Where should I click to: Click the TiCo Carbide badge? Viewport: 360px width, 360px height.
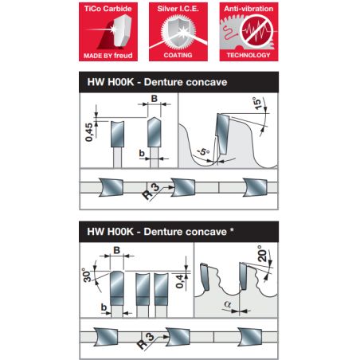pyautogui.click(x=108, y=32)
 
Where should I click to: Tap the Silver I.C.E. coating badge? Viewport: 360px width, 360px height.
pyautogui.click(x=178, y=32)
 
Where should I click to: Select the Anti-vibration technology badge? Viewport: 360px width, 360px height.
pyautogui.click(x=248, y=32)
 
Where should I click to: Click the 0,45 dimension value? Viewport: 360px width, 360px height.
pyautogui.click(x=89, y=132)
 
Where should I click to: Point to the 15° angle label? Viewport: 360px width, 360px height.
pyautogui.click(x=257, y=104)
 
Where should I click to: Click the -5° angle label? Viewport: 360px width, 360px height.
pyautogui.click(x=204, y=152)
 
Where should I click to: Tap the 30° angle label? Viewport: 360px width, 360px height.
pyautogui.click(x=87, y=276)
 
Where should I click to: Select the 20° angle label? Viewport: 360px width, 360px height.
pyautogui.click(x=262, y=254)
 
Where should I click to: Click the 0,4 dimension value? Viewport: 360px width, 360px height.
pyautogui.click(x=180, y=282)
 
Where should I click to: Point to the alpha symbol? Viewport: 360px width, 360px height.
pyautogui.click(x=228, y=304)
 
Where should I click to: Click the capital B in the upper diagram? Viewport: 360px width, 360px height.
pyautogui.click(x=155, y=99)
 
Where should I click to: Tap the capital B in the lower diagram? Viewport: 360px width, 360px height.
pyautogui.click(x=116, y=250)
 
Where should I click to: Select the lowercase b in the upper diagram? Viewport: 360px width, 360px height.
pyautogui.click(x=142, y=154)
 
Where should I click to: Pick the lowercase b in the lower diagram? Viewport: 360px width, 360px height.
pyautogui.click(x=104, y=307)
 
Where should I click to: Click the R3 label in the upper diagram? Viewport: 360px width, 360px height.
pyautogui.click(x=151, y=191)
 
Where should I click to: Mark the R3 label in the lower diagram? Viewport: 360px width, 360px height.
pyautogui.click(x=146, y=341)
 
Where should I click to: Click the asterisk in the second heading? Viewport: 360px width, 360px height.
pyautogui.click(x=232, y=229)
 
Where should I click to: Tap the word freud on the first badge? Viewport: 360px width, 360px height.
pyautogui.click(x=123, y=56)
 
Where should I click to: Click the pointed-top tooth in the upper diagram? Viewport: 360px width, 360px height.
pyautogui.click(x=155, y=132)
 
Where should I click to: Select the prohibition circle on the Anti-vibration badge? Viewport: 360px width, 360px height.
pyautogui.click(x=256, y=31)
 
